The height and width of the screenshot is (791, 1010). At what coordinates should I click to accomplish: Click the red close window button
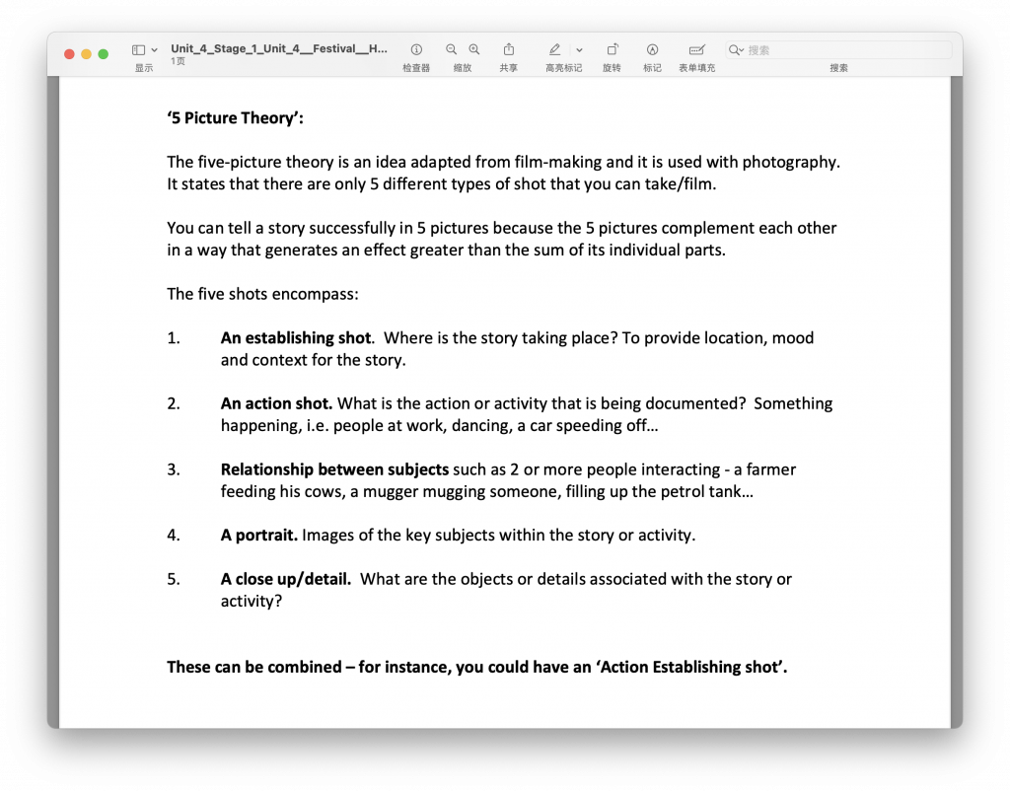tap(69, 54)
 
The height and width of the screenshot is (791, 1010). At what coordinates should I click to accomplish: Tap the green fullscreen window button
tap(103, 54)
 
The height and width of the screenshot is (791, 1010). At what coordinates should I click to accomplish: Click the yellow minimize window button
tap(86, 54)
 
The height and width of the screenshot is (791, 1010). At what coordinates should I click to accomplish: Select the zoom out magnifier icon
tap(452, 49)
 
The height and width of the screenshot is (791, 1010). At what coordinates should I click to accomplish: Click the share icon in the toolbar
tap(509, 49)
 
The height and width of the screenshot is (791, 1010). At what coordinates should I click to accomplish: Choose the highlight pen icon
tap(554, 49)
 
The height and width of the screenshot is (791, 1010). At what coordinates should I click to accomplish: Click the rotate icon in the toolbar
tap(612, 49)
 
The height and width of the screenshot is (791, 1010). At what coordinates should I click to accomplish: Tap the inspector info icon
tap(416, 49)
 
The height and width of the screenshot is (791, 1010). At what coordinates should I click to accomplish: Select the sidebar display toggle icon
tap(139, 49)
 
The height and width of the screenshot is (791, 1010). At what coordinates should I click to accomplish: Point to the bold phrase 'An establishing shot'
tap(296, 338)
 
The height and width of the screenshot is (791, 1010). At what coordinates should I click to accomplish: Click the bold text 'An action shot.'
tap(277, 403)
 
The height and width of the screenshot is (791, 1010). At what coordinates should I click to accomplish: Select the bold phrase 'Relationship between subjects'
tap(334, 469)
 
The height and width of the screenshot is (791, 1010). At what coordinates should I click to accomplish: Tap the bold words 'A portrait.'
tap(258, 536)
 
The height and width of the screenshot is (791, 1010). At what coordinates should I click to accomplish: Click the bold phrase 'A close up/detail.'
tap(285, 579)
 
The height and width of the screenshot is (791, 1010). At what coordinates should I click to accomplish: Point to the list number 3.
tap(174, 469)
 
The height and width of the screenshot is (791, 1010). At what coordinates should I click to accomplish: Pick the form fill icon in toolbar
tap(696, 49)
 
